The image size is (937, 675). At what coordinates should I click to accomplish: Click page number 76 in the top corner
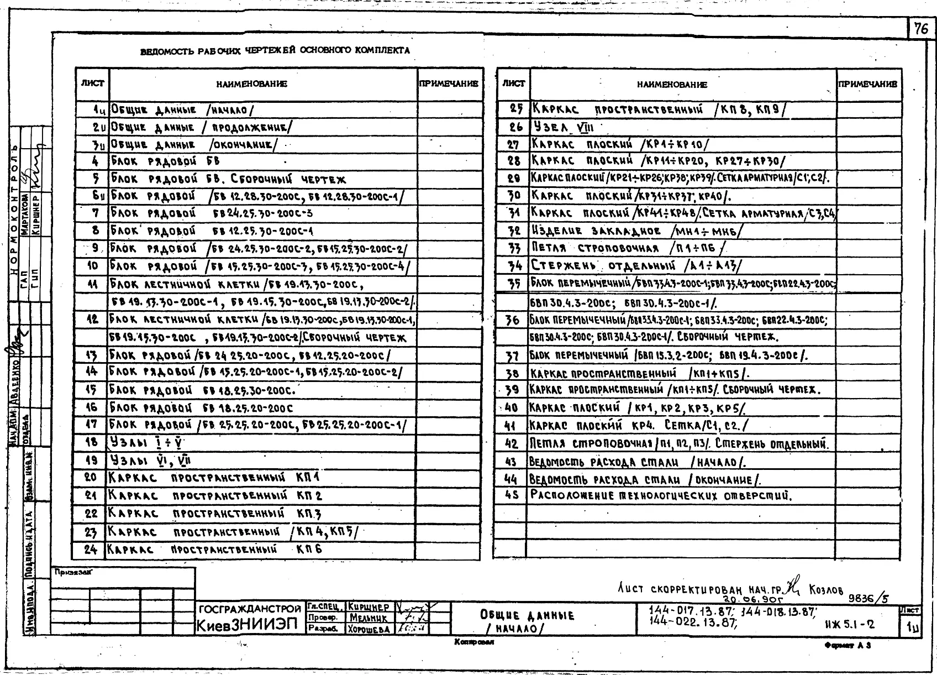click(x=921, y=28)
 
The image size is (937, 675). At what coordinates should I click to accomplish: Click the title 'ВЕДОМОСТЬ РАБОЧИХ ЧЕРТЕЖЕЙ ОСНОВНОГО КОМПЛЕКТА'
click(x=275, y=51)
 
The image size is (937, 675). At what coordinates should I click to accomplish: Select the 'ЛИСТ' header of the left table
click(x=92, y=83)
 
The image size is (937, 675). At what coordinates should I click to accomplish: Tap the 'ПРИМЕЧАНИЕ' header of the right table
click(x=867, y=85)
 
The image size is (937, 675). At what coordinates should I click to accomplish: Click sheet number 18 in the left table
click(x=92, y=442)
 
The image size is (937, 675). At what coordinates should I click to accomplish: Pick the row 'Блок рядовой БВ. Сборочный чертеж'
click(x=228, y=179)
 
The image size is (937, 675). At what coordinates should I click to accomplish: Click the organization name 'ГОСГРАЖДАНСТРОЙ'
click(x=250, y=610)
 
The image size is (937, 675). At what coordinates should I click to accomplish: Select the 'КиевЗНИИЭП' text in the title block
click(x=247, y=626)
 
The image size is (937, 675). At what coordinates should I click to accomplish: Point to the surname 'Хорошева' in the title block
click(x=369, y=629)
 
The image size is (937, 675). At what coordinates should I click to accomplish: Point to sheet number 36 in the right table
click(x=512, y=320)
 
